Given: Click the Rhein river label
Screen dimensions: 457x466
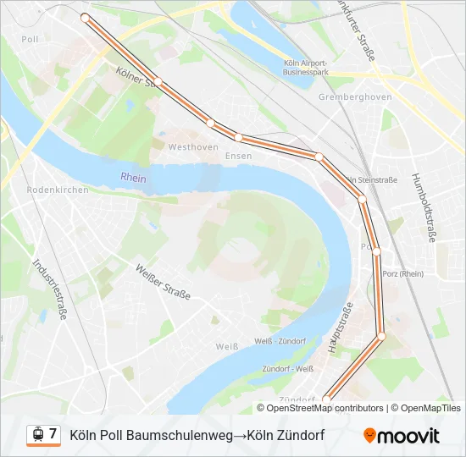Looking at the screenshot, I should point(133,179).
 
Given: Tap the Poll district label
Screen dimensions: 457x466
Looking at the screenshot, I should point(30,39).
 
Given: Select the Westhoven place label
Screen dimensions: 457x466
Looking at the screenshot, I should point(187,146).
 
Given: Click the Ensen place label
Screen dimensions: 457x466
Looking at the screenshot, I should point(238,156).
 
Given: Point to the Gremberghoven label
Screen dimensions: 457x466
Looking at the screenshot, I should point(355,96).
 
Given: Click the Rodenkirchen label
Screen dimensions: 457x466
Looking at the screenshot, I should point(58,190).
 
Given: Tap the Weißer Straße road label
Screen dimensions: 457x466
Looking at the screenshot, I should point(163,283).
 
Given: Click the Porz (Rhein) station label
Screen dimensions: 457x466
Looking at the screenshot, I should point(402,273).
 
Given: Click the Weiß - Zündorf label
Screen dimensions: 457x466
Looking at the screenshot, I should point(280,341).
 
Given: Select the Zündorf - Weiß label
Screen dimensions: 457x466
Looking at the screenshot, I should point(288,368).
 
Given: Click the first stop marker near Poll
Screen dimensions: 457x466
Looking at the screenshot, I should point(84,17).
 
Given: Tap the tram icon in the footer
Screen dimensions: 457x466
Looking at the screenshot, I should point(37,434).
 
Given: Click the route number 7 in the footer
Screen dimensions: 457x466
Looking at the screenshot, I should point(53,434).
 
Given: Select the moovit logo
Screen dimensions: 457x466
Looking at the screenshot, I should point(402,436).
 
